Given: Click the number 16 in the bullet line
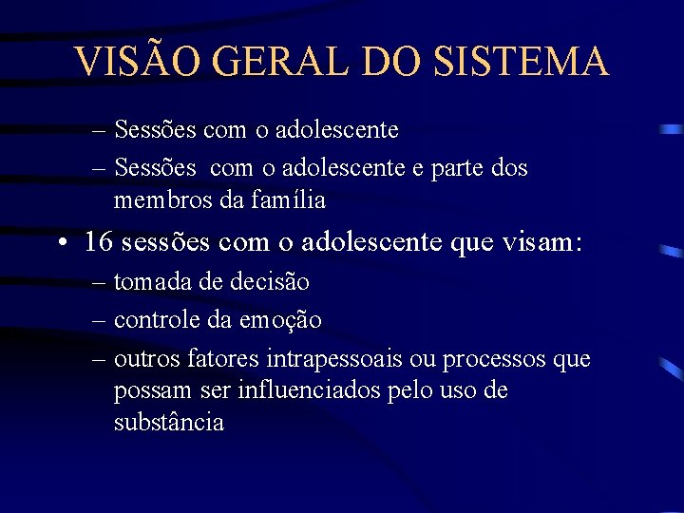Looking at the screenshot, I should pos(98,241).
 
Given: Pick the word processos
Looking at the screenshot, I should pos(503,359).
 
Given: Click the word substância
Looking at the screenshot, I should pos(168,422).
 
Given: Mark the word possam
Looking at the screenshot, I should pos(144,390).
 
